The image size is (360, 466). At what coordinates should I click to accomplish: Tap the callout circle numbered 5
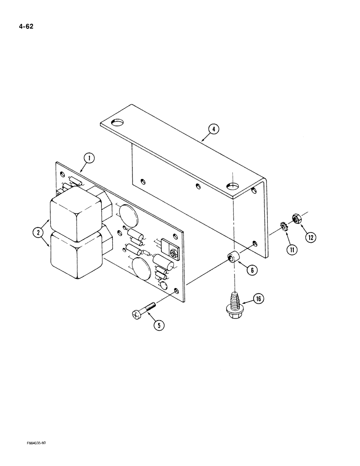click(x=159, y=325)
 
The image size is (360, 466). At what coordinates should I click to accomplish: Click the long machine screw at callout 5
click(x=144, y=311)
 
